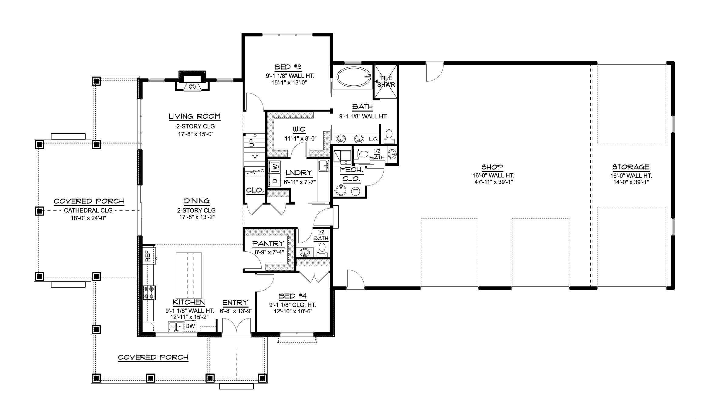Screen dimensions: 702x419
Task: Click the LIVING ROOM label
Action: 195,116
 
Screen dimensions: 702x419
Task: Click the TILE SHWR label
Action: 386,81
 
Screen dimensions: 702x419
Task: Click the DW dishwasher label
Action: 190,326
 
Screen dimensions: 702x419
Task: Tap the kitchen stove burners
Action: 149,293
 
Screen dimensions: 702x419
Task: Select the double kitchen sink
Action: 176,327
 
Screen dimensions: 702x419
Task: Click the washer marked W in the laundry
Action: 275,167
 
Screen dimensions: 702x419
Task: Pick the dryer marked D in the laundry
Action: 275,180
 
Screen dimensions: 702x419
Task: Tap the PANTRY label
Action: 268,244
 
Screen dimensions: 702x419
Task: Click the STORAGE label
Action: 631,167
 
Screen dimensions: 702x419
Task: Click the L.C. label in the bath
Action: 373,139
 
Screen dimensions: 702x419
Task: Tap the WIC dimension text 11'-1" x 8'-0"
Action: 300,139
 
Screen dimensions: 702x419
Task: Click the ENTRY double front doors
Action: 236,327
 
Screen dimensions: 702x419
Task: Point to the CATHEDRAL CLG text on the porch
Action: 88,210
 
